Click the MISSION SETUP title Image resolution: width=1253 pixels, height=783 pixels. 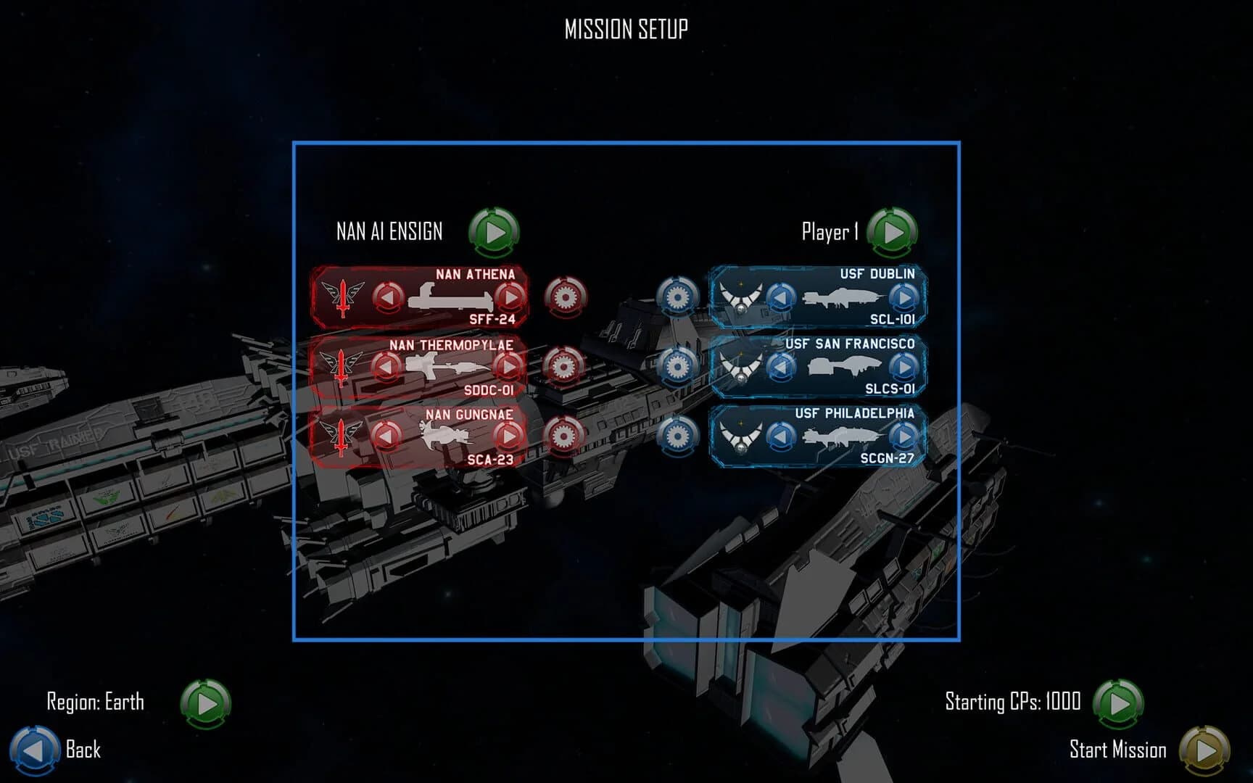(626, 30)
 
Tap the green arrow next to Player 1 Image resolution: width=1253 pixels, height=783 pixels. (893, 233)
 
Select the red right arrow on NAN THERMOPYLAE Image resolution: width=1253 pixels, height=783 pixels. (509, 367)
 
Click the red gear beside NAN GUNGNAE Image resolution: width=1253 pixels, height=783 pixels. (563, 436)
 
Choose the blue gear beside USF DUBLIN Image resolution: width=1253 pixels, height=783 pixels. (677, 297)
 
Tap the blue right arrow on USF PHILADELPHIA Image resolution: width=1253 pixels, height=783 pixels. (903, 436)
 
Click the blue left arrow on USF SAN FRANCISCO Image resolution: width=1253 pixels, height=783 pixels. (780, 367)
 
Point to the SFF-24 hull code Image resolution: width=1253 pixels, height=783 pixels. (492, 320)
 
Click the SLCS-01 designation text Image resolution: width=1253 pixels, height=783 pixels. (890, 389)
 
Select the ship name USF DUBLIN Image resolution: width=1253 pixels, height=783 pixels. (877, 274)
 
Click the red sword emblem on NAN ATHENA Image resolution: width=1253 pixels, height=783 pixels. (342, 297)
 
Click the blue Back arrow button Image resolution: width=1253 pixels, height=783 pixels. (33, 750)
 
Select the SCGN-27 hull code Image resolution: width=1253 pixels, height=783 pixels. (887, 458)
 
